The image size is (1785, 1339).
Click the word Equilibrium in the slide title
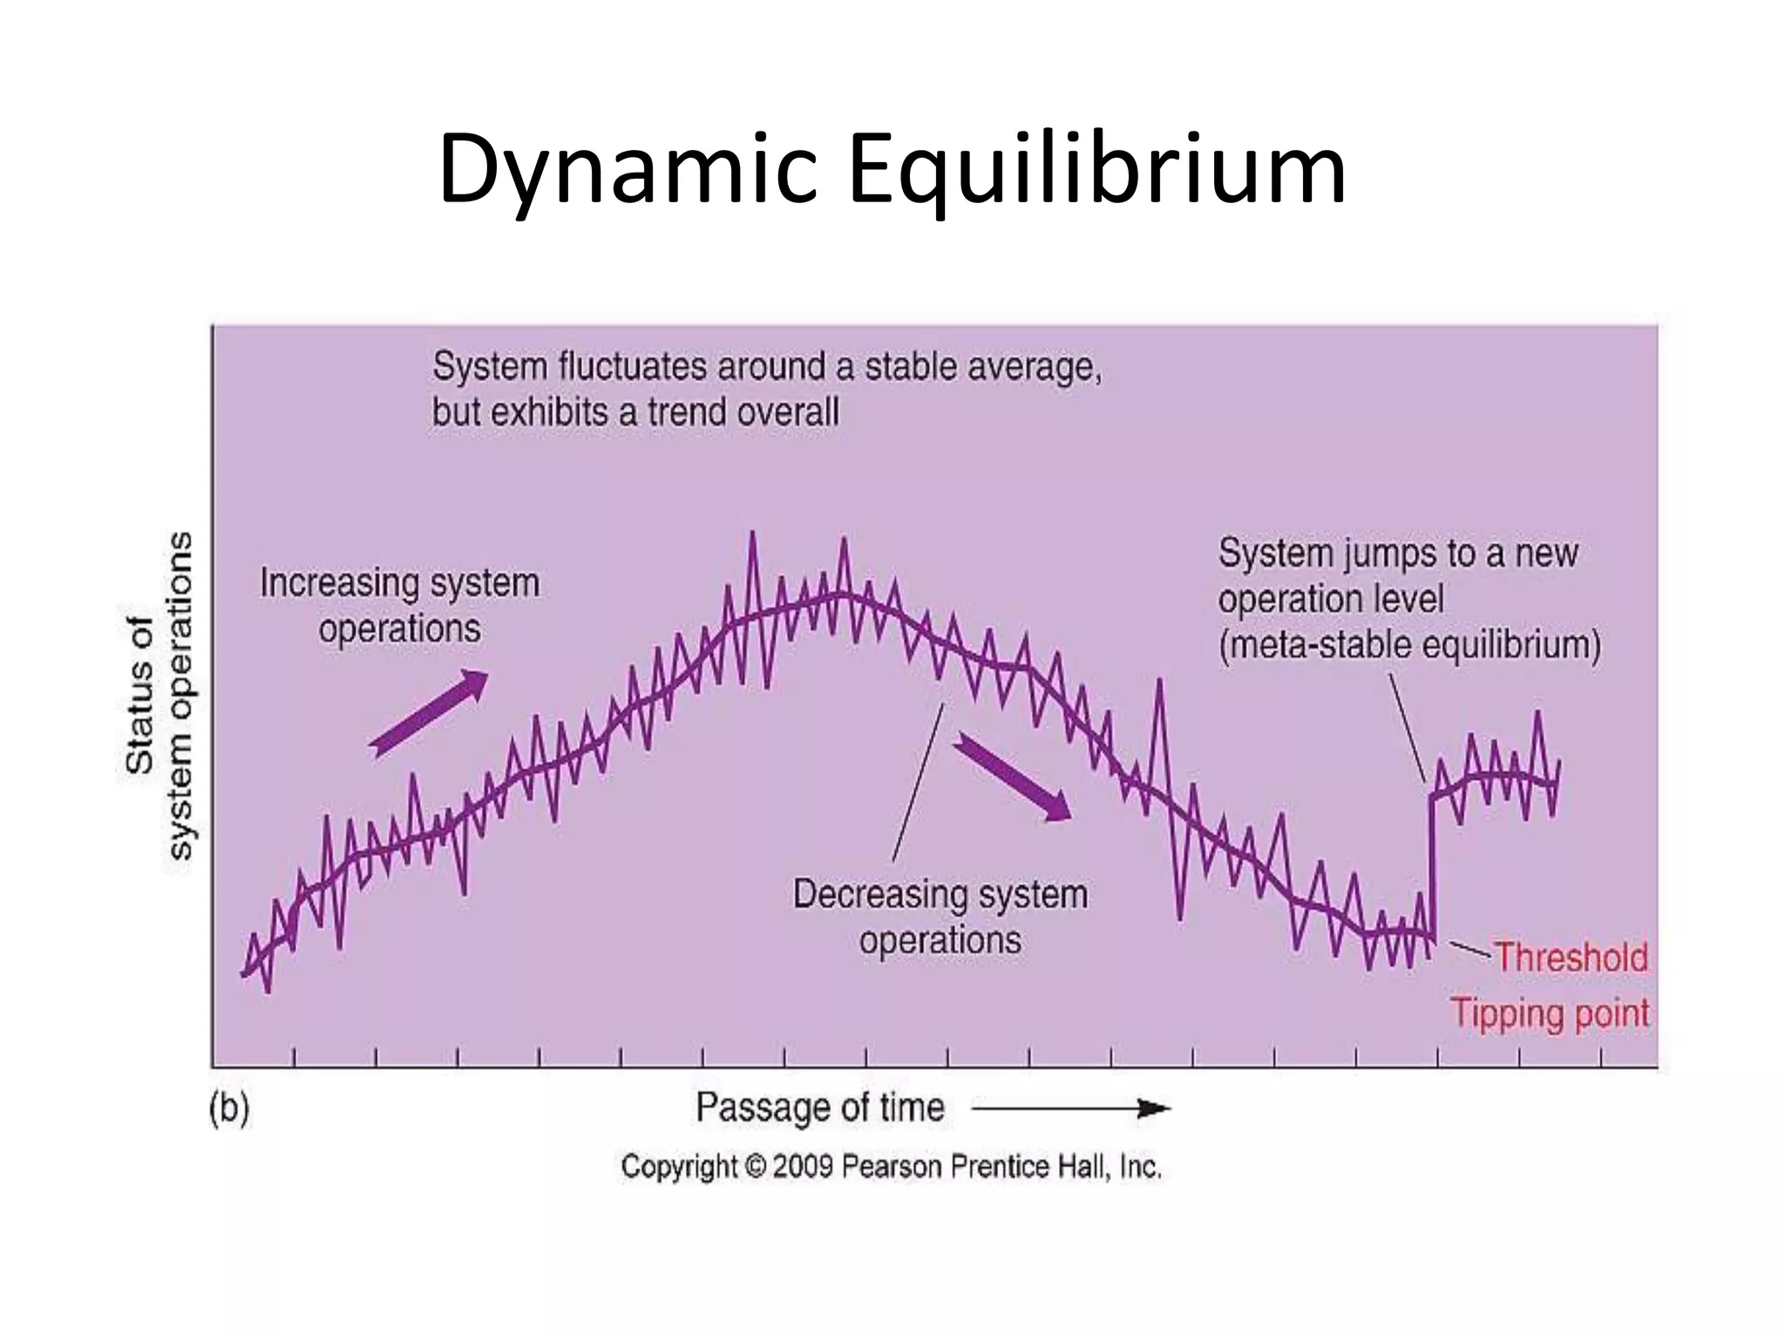[1097, 170]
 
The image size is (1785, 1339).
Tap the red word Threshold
[1571, 957]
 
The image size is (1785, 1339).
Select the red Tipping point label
[1550, 1014]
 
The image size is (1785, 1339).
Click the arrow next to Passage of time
[1071, 1109]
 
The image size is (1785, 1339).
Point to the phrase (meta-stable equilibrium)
[1409, 646]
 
